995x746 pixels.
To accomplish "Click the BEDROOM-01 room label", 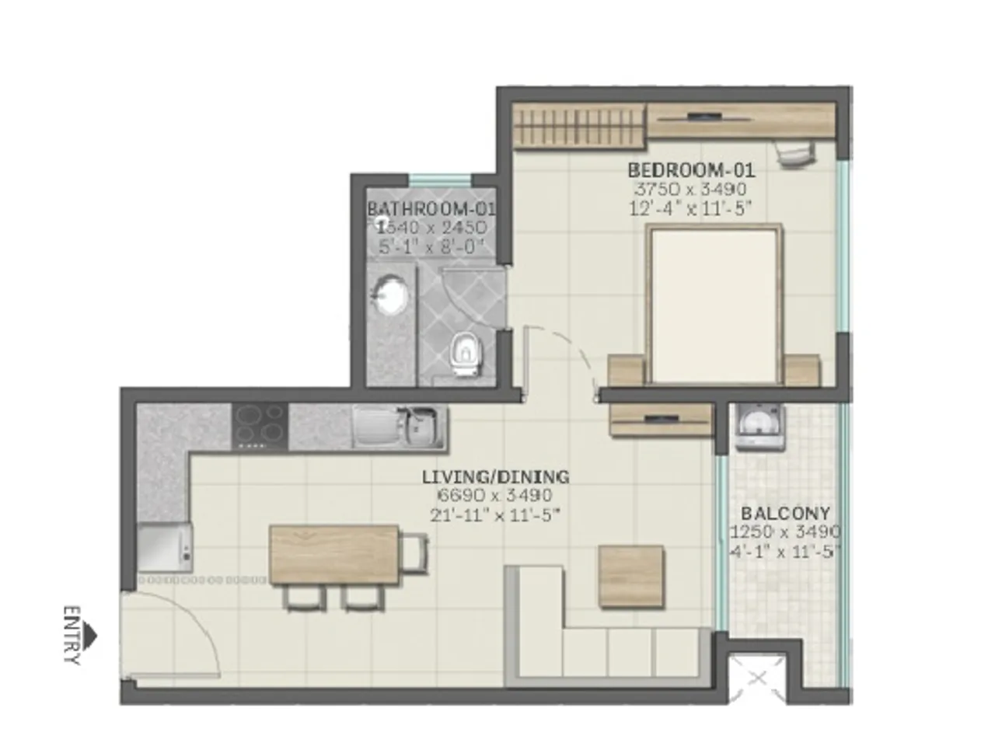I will (x=691, y=169).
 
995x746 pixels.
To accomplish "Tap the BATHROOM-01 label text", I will (x=431, y=209).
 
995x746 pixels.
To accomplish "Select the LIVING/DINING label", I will (x=495, y=477).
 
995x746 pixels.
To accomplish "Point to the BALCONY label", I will (x=785, y=514).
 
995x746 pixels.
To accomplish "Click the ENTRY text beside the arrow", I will (x=72, y=636).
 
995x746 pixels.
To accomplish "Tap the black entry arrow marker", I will (x=91, y=636).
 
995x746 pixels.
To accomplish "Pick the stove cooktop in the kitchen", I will (x=260, y=427).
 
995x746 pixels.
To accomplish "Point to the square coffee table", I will (x=631, y=576).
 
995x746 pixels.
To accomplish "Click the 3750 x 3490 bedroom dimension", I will (x=690, y=189).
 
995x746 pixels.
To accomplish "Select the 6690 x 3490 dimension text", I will (x=495, y=496).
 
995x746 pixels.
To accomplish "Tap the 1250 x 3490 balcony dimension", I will (x=785, y=532).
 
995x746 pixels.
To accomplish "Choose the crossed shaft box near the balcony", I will (x=757, y=678).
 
